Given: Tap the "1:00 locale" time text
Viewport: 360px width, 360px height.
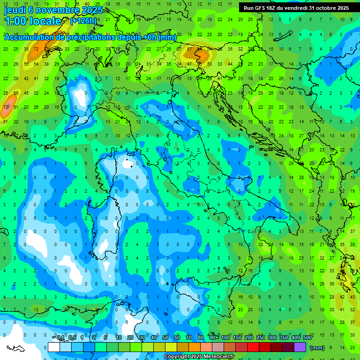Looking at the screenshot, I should click(33, 21).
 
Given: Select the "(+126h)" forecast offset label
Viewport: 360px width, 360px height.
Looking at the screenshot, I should click(84, 21).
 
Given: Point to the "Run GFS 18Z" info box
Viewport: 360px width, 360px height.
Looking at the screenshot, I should click(296, 8).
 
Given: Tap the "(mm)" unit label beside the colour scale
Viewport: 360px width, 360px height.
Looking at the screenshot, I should click(317, 348).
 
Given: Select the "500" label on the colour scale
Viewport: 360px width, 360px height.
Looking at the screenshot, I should click(307, 338).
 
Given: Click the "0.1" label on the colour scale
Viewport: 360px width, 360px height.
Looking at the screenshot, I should click(60, 338).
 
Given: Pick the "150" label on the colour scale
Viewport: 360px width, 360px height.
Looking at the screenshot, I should click(237, 338).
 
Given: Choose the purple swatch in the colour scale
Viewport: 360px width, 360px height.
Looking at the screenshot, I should click(300, 347).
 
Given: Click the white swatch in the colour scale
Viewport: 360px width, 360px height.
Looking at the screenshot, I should click(54, 347).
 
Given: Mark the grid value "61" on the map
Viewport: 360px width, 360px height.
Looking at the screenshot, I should click(15, 107).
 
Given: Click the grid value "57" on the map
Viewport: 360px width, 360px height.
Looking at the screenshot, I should click(189, 49).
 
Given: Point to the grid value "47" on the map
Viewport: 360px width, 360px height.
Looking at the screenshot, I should click(189, 64).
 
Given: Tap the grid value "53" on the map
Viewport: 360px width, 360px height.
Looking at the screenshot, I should click(210, 64).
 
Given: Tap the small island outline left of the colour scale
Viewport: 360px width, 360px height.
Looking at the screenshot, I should click(15, 348).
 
